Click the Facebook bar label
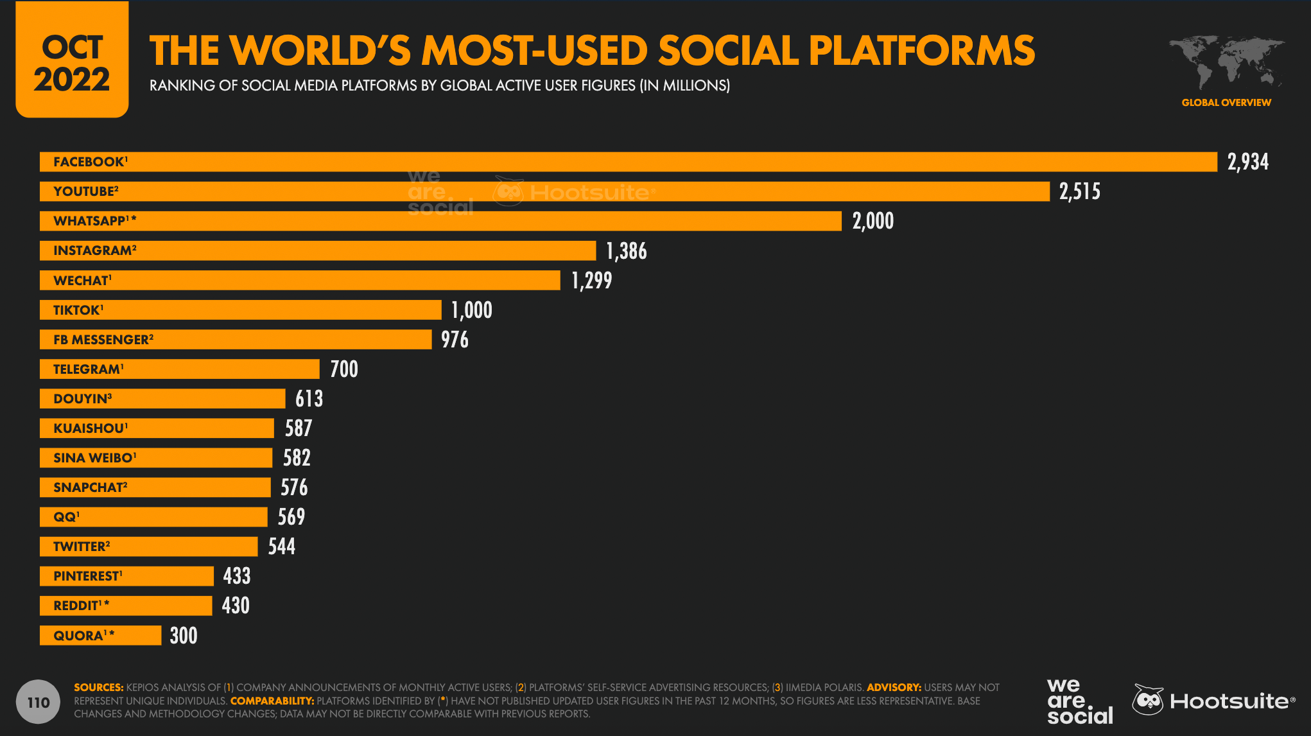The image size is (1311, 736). coord(90,162)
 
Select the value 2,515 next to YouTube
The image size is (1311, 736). coord(1079,191)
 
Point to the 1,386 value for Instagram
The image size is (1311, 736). coord(626,251)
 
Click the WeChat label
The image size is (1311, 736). coord(82,281)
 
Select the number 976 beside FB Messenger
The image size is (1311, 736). coord(455,340)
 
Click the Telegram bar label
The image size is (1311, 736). coord(88,369)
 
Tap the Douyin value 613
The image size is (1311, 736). coord(309,399)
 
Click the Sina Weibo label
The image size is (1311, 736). coord(94,458)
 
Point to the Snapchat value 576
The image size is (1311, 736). coord(294,487)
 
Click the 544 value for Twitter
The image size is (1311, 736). coord(281,547)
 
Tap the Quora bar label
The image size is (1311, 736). coord(83,636)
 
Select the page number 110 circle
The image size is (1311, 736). coord(38,702)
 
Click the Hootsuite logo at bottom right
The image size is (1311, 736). coord(1213,701)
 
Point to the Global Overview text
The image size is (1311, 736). coord(1226,103)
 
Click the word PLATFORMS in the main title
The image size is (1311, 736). coord(921,51)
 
